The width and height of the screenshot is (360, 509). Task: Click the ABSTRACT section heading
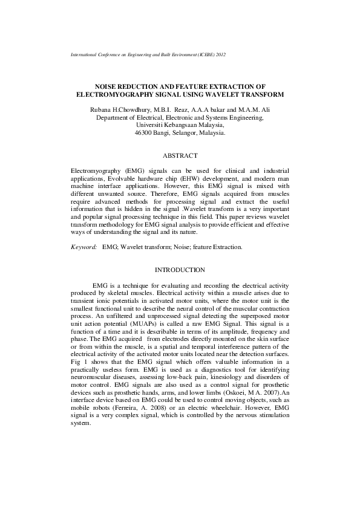tap(180, 155)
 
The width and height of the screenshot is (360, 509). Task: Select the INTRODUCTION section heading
tap(180, 270)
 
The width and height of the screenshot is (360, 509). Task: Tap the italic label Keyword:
tap(84, 247)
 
